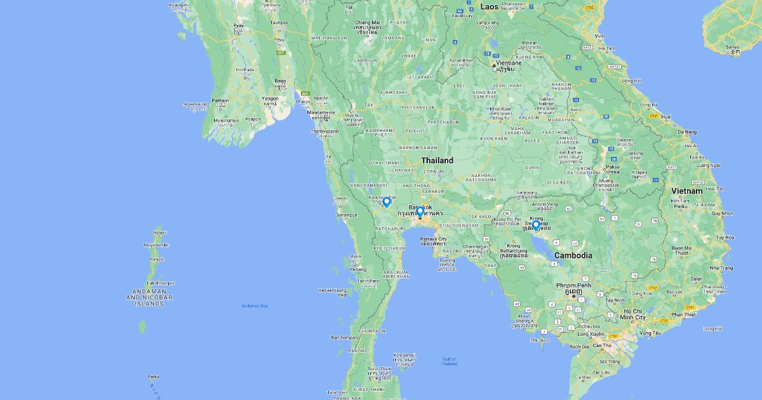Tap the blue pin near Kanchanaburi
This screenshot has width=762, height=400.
point(387,202)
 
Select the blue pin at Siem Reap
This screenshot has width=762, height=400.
point(536,225)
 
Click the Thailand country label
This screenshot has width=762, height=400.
point(438,161)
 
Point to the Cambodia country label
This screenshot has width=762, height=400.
point(573,255)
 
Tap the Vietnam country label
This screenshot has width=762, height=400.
point(687,190)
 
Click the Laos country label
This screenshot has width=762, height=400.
point(490,6)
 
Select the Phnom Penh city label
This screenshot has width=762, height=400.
point(574,286)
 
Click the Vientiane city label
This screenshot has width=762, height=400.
point(509,63)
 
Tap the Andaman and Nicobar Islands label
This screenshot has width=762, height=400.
point(149,297)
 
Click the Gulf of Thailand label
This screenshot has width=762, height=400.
point(449,361)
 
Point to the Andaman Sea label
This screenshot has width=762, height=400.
point(254,306)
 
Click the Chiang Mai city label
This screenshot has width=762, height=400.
point(367,23)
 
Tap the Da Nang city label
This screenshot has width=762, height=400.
point(686,132)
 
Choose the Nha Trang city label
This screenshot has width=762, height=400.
point(721,268)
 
